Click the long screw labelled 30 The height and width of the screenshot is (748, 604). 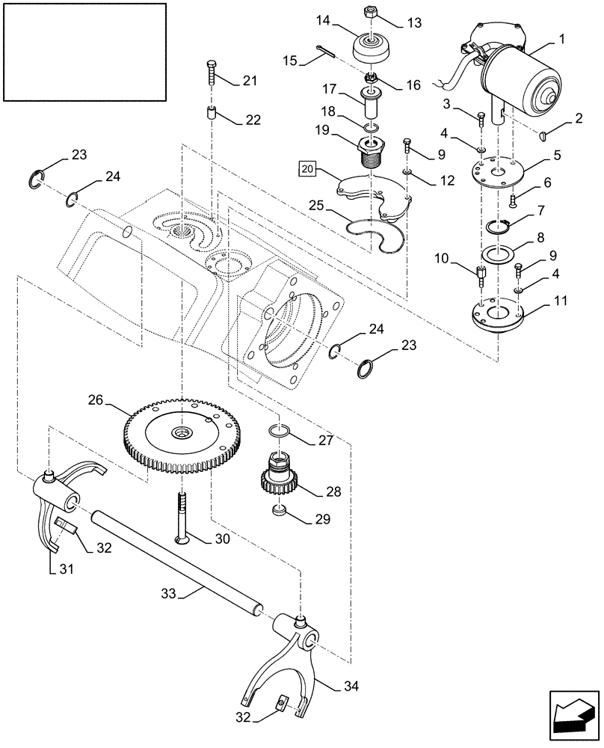[181, 516]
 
